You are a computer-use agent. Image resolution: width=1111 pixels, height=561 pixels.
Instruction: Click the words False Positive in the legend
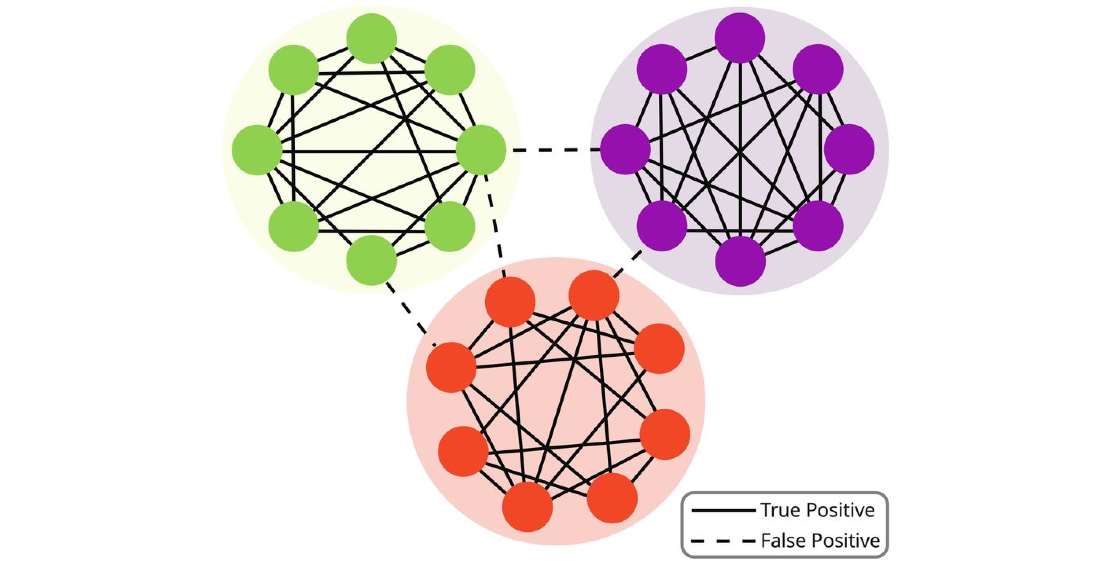(819, 540)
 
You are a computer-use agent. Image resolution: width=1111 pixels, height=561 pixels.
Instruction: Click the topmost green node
(371, 38)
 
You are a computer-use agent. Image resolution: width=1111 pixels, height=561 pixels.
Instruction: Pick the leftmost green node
(257, 150)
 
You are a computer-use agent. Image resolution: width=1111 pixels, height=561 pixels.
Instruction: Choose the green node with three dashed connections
(481, 150)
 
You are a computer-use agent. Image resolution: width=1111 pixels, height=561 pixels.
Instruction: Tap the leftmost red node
(451, 367)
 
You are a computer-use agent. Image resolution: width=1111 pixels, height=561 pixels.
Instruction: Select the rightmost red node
(665, 434)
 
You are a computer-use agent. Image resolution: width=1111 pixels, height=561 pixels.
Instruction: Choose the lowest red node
(527, 507)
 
